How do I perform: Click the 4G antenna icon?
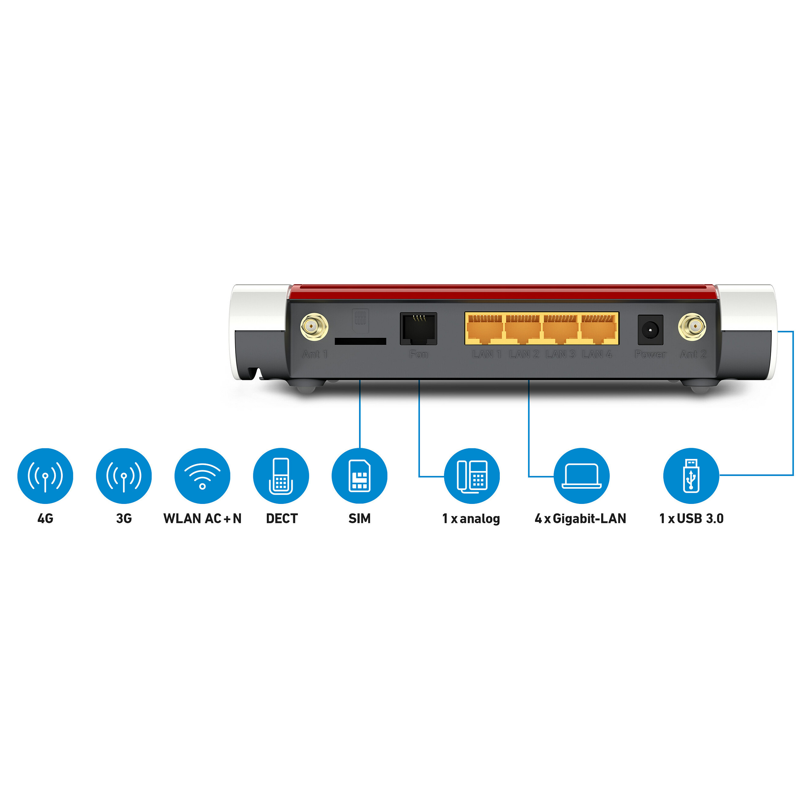[45, 476]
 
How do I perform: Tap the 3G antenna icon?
[124, 476]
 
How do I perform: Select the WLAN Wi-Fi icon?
[202, 476]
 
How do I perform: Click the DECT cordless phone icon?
[281, 476]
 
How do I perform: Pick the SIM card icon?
[359, 476]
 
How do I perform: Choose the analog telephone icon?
[472, 476]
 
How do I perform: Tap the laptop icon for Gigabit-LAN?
[581, 476]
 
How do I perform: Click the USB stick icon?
[691, 476]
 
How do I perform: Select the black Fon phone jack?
[418, 329]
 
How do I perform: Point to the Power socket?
[650, 330]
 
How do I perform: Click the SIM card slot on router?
[360, 341]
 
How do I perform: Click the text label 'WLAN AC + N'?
[202, 518]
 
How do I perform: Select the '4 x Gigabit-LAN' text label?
[580, 518]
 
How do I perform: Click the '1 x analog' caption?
[471, 518]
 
